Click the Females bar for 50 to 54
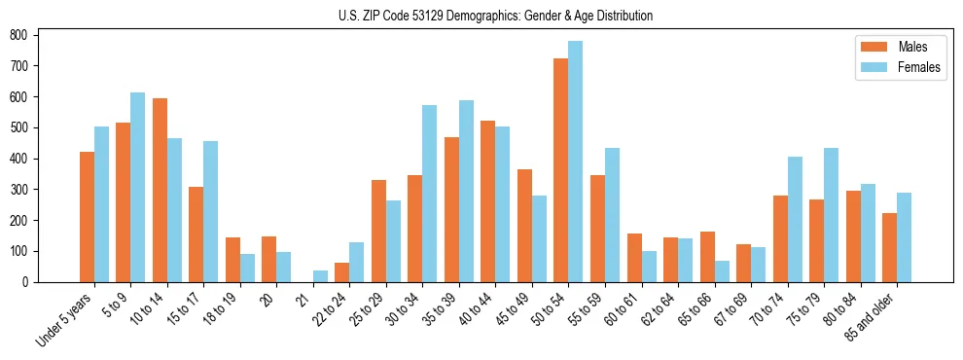pyautogui.click(x=576, y=162)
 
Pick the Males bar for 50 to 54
pyautogui.click(x=561, y=170)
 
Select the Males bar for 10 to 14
pyautogui.click(x=160, y=190)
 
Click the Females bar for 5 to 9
pyautogui.click(x=138, y=187)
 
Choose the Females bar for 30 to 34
pyautogui.click(x=430, y=194)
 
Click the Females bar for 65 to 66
pyautogui.click(x=722, y=271)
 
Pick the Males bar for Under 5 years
pyautogui.click(x=87, y=217)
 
